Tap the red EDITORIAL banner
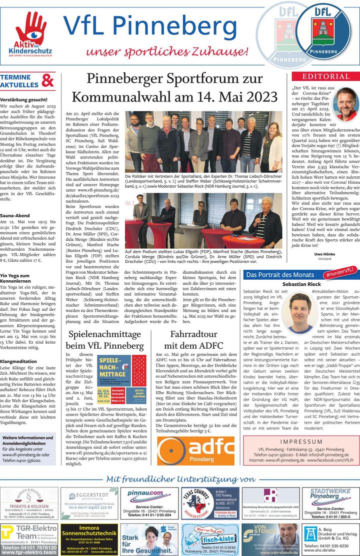tap(325, 76)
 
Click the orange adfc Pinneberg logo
tap(195, 449)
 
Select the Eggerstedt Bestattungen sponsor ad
tap(89, 504)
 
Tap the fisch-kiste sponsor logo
tap(209, 539)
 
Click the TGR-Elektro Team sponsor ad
tap(29, 539)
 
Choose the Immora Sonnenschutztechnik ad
tap(89, 539)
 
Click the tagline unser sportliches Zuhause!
tap(164, 52)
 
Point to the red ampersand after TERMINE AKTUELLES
tap(48, 80)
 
